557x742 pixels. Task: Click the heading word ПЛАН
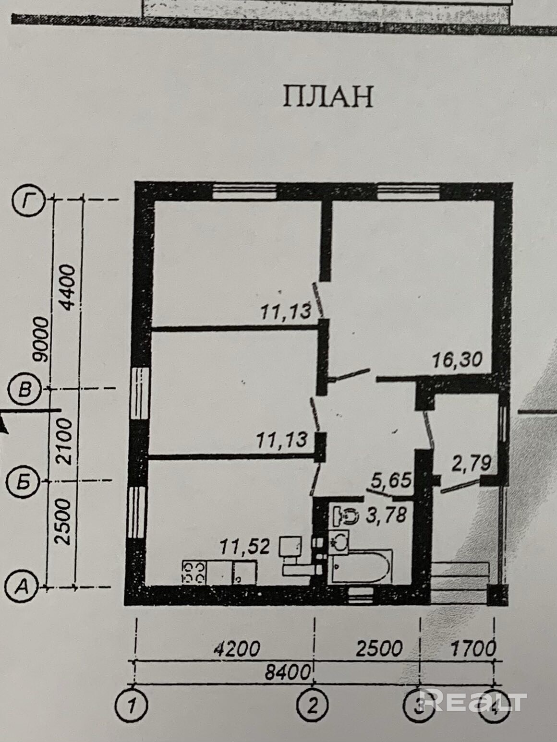327,96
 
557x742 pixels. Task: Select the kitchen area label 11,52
245,547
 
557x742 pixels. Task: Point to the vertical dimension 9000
43,339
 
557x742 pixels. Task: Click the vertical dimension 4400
68,287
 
